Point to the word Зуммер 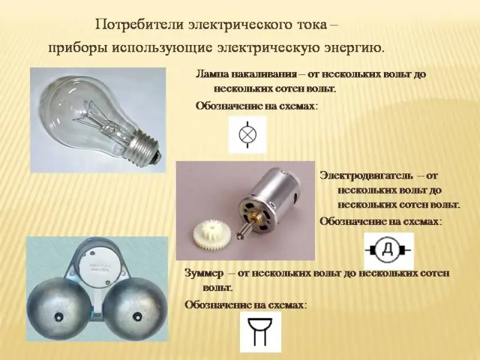tap(203, 274)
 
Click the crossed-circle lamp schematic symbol tap(247, 134)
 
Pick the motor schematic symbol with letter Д tap(388, 250)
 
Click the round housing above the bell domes tap(98, 266)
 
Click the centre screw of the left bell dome tap(58, 316)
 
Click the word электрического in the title tap(239, 25)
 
